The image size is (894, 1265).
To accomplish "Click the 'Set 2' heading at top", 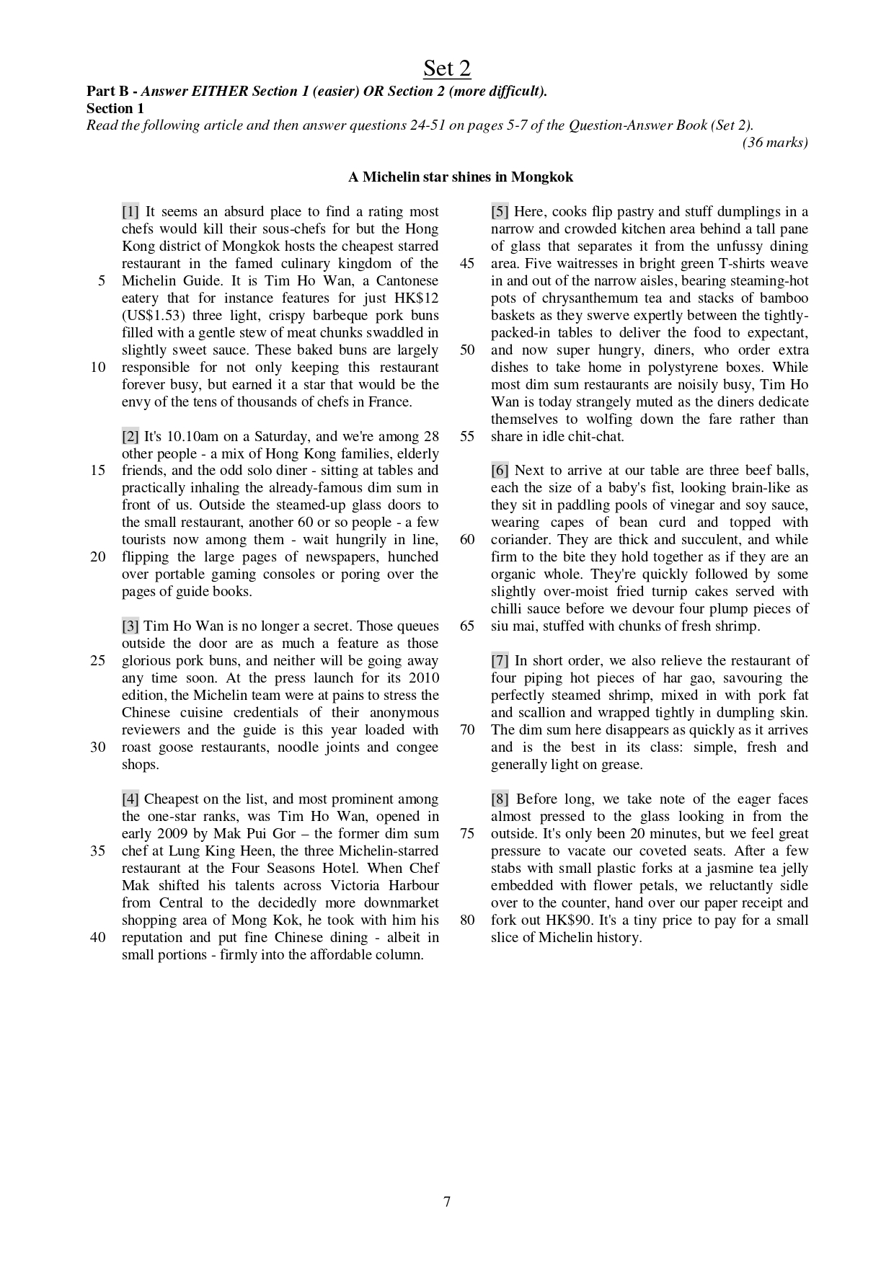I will [446, 68].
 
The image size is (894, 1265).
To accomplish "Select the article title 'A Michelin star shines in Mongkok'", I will [461, 177].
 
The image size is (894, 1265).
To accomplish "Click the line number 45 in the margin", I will [467, 264].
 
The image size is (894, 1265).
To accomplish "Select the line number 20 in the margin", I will [98, 557].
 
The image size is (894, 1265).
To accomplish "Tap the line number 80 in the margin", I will [467, 920].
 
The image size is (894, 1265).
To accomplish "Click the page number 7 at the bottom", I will [447, 1202].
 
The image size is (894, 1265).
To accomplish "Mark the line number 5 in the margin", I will [102, 281].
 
